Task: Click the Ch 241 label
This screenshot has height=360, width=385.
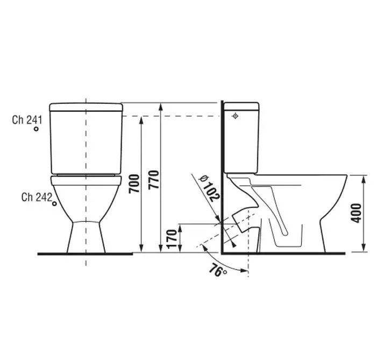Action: (x=27, y=120)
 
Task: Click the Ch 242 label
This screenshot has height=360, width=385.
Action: (x=37, y=197)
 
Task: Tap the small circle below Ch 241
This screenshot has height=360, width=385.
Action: (x=36, y=129)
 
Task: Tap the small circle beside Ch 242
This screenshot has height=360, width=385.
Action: (x=54, y=204)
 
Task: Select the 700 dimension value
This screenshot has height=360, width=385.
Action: (x=134, y=184)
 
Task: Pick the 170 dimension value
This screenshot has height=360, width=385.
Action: (x=172, y=239)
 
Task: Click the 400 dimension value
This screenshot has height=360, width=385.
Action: (x=357, y=213)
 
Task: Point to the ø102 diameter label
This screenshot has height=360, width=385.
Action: (x=209, y=188)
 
